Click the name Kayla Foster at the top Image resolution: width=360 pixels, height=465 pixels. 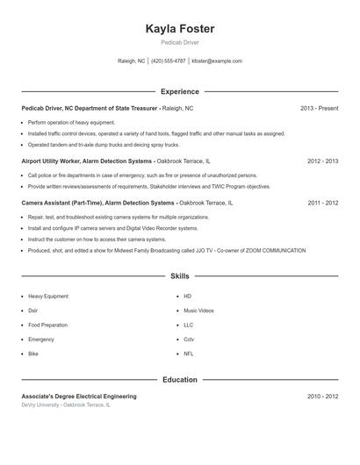179,29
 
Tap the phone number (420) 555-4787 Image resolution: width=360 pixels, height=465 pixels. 169,61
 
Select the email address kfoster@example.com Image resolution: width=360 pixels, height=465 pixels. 216,61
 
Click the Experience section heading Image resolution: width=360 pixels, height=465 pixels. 179,91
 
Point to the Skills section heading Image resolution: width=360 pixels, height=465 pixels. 179,275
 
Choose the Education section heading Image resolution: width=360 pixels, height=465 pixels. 179,380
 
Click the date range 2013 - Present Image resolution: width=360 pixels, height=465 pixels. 319,108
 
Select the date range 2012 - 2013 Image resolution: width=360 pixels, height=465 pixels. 322,161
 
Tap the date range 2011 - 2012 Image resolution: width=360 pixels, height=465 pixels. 322,203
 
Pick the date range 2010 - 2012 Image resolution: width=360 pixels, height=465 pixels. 322,397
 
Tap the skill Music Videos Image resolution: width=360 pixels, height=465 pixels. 198,311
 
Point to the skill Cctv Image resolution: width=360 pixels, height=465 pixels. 189,339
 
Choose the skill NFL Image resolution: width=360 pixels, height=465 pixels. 189,353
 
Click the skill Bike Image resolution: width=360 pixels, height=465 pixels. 33,353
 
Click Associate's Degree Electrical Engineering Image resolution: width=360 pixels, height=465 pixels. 80,397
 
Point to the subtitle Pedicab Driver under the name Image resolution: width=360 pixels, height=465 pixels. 179,42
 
